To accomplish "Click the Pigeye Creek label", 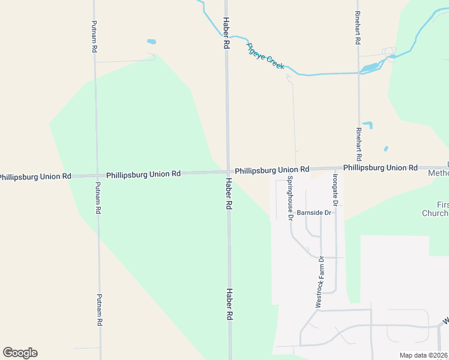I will coord(265,56).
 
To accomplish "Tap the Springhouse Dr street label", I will coord(289,198).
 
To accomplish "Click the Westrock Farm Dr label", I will coord(320,282).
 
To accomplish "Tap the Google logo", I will coord(20,352).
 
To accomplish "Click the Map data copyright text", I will coord(423,355).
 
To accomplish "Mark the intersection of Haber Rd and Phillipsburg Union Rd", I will coord(228,172).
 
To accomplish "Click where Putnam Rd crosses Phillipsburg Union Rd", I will coord(97,176).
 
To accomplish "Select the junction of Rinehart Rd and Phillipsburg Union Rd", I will coord(359,168).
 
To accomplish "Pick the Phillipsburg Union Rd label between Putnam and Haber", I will coord(143,175).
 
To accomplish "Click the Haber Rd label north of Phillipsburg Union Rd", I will coord(226,34).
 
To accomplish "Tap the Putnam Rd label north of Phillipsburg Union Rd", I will coord(94,37).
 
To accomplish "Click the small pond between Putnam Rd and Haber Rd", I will coord(151,42).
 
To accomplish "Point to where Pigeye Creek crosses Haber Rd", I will coord(227,35).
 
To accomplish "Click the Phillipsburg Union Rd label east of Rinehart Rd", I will coord(381,168).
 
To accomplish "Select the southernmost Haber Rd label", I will coord(229,304).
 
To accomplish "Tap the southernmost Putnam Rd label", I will coord(100,310).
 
